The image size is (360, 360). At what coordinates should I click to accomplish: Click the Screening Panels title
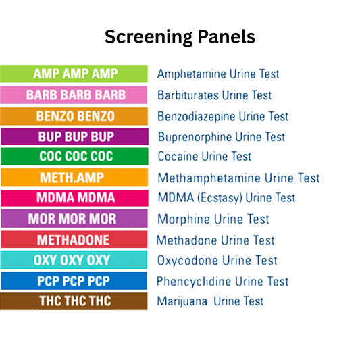pyautogui.click(x=180, y=36)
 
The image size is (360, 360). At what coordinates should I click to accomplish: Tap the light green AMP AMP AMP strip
pyautogui.click(x=74, y=74)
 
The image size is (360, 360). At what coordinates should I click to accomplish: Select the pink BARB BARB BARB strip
pyautogui.click(x=74, y=95)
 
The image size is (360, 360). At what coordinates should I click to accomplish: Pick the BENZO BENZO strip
pyautogui.click(x=74, y=115)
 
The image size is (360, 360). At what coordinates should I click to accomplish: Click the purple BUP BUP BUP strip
pyautogui.click(x=74, y=136)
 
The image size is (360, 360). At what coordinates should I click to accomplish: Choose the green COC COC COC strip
pyautogui.click(x=74, y=157)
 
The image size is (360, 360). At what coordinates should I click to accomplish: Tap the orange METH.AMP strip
pyautogui.click(x=74, y=178)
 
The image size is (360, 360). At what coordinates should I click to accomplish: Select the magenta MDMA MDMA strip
pyautogui.click(x=74, y=198)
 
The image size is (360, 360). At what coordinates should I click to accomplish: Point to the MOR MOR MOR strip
pyautogui.click(x=74, y=219)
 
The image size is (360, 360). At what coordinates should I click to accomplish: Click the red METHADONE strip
pyautogui.click(x=74, y=240)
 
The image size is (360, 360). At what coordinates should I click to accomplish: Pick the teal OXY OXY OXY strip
pyautogui.click(x=74, y=260)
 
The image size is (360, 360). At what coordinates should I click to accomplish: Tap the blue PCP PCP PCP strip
pyautogui.click(x=74, y=281)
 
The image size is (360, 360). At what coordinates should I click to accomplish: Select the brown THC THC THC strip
pyautogui.click(x=74, y=301)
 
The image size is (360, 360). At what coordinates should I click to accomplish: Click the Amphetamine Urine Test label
pyautogui.click(x=218, y=74)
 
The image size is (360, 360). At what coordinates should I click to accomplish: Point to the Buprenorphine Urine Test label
pyautogui.click(x=222, y=136)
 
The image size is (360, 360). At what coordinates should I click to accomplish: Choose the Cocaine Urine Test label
pyautogui.click(x=204, y=157)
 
